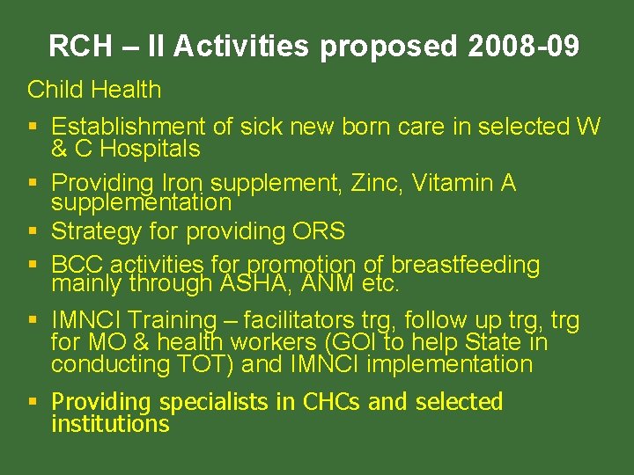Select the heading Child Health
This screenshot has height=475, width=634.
pos(94,90)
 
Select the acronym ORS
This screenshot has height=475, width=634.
pos(316,232)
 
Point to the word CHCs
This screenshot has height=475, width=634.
pos(332,402)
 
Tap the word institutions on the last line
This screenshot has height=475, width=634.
pos(110,424)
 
